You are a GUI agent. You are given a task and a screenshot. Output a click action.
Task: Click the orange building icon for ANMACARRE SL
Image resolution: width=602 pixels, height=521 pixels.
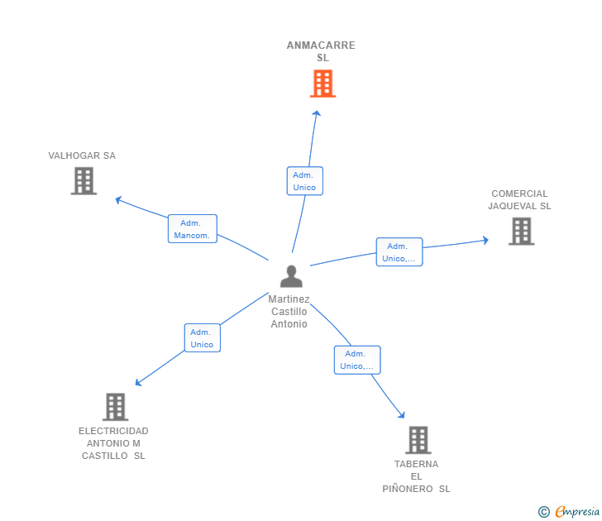pyautogui.click(x=322, y=84)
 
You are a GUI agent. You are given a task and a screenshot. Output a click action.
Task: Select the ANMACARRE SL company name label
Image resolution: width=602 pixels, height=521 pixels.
pyautogui.click(x=322, y=51)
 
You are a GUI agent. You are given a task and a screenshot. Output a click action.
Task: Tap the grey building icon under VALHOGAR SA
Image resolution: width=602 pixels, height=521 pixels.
pyautogui.click(x=84, y=181)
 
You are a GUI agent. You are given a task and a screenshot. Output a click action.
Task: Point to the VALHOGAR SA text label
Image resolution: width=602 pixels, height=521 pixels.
pyautogui.click(x=82, y=155)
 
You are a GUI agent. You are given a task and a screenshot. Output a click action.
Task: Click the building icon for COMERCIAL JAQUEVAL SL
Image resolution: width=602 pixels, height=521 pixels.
pyautogui.click(x=521, y=231)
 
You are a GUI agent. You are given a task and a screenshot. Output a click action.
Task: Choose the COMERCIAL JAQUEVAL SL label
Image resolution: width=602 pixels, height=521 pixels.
pyautogui.click(x=519, y=199)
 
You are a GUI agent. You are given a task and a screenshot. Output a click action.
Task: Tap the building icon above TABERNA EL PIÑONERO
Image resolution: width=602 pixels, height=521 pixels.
pyautogui.click(x=418, y=440)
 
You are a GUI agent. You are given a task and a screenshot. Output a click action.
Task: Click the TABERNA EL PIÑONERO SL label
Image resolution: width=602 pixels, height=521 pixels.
pyautogui.click(x=416, y=476)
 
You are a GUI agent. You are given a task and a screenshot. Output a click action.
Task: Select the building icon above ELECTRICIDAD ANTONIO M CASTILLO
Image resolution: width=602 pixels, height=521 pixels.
pyautogui.click(x=115, y=407)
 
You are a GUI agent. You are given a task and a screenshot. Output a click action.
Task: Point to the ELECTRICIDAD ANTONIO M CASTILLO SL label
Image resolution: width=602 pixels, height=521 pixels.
pyautogui.click(x=113, y=443)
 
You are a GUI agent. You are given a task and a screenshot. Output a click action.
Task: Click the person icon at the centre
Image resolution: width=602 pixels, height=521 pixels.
pyautogui.click(x=291, y=276)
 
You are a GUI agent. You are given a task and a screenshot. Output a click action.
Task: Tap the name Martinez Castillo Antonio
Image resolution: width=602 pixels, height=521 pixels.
pyautogui.click(x=289, y=312)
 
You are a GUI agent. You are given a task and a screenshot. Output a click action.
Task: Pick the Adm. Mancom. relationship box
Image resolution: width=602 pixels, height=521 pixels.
pyautogui.click(x=193, y=229)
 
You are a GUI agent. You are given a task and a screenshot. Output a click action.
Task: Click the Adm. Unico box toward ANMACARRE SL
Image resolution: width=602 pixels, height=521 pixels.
pyautogui.click(x=305, y=181)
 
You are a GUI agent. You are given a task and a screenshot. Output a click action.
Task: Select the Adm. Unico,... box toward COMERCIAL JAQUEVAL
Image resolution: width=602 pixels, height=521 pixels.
pyautogui.click(x=399, y=252)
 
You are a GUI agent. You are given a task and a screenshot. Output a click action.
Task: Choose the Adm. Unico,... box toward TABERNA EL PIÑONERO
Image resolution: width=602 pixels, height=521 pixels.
pyautogui.click(x=357, y=360)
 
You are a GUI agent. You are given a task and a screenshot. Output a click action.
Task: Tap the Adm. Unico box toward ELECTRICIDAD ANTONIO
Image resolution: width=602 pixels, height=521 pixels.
pyautogui.click(x=203, y=338)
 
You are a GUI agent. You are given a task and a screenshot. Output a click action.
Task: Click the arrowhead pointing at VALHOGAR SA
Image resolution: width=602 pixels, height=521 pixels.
pyautogui.click(x=118, y=199)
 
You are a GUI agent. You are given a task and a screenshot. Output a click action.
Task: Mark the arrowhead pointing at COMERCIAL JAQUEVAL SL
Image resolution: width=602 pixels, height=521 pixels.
pyautogui.click(x=485, y=241)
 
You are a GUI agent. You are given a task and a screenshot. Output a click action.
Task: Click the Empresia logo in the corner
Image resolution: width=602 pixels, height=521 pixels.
pyautogui.click(x=569, y=511)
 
